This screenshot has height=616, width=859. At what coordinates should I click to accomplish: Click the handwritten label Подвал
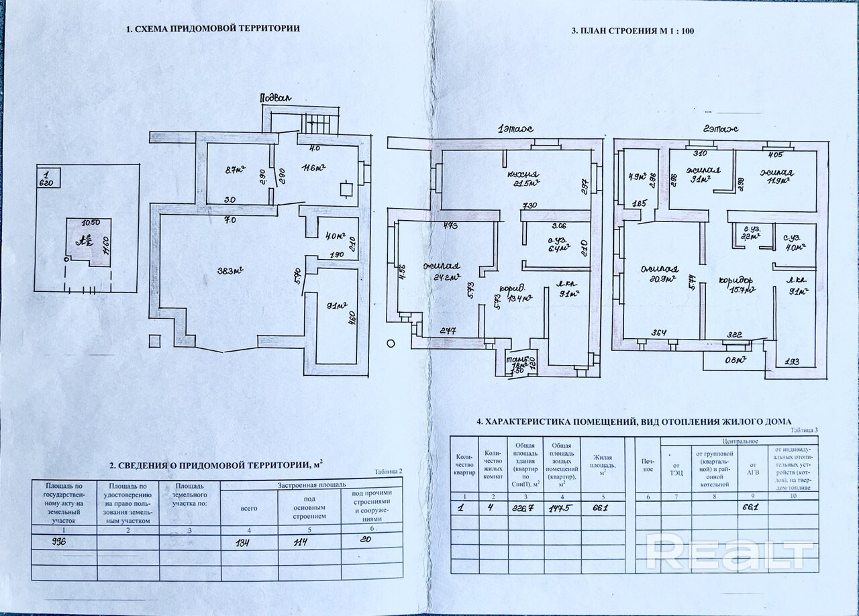click(x=276, y=98)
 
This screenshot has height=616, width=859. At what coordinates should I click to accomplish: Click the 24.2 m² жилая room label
click(x=445, y=272)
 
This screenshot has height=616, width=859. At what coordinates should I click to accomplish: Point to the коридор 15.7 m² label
click(x=738, y=285)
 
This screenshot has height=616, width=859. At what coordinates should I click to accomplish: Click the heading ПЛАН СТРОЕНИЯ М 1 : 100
click(x=632, y=31)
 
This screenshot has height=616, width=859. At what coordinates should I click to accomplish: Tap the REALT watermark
click(x=728, y=553)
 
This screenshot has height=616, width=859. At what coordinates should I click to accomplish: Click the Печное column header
click(x=648, y=464)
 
